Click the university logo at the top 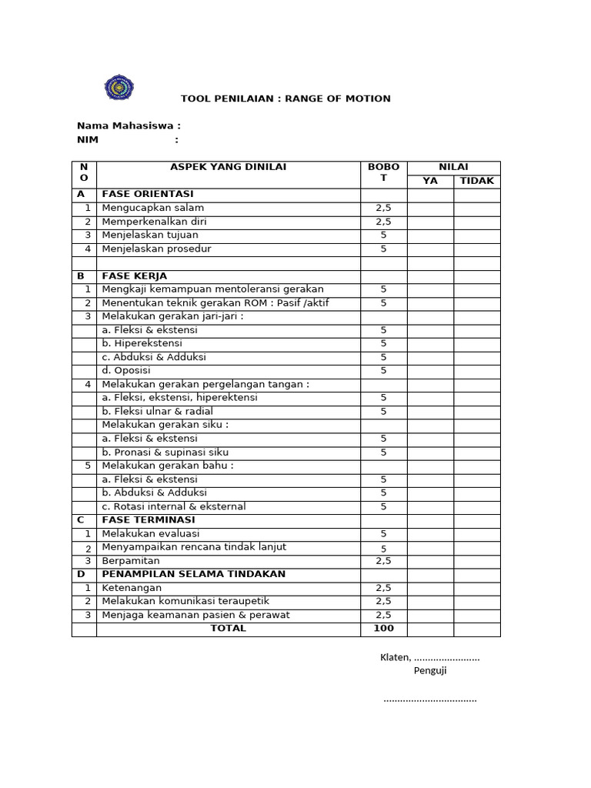pos(119,87)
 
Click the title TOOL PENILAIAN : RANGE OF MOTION pos(285,98)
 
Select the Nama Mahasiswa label pos(129,125)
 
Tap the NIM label pos(88,139)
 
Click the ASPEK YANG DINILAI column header pos(228,167)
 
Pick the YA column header pos(429,181)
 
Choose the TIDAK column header pos(476,181)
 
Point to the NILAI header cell pos(453,167)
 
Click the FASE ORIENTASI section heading pos(148,194)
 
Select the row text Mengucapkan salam pos(153,208)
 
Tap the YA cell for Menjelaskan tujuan pos(429,235)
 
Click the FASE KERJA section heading pos(135,275)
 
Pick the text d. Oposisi pos(126,370)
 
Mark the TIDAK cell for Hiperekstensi pos(476,343)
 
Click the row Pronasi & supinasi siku pos(165,452)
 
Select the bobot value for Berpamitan pos(383,561)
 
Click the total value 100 pos(383,628)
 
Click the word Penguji pos(430,670)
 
